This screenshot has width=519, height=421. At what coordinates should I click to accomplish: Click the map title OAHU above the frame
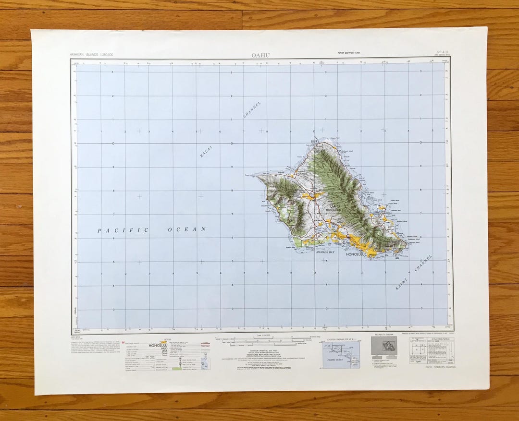pyautogui.click(x=260, y=55)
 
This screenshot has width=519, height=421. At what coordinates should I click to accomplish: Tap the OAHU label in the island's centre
pyautogui.click(x=328, y=206)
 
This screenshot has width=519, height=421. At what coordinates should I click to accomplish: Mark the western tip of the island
pyautogui.click(x=256, y=175)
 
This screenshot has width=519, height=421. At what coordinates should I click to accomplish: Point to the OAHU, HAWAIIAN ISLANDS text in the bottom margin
pyautogui.click(x=439, y=367)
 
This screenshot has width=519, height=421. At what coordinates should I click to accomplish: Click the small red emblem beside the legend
pyautogui.click(x=74, y=343)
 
